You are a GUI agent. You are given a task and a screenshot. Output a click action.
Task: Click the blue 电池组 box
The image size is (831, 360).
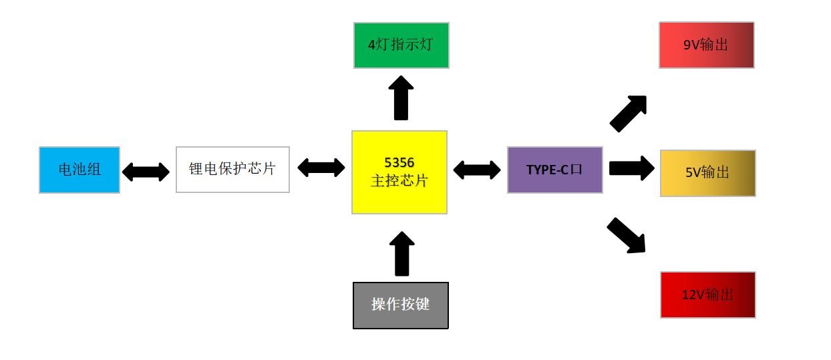click(79, 170)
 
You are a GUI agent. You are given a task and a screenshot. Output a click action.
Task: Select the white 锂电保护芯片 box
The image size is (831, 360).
click(232, 170)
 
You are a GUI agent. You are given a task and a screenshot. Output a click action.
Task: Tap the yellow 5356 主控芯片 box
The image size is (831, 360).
click(399, 172)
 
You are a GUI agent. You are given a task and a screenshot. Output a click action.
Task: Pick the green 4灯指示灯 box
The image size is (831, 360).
click(401, 45)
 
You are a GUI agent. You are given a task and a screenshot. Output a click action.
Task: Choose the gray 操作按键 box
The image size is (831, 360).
click(400, 305)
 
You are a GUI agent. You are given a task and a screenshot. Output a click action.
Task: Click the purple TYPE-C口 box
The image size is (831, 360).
click(554, 170)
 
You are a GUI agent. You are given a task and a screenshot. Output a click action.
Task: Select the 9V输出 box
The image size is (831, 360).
click(706, 45)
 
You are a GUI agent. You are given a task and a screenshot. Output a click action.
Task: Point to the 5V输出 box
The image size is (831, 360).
click(707, 173)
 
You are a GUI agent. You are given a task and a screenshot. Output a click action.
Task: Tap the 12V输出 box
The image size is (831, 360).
click(707, 295)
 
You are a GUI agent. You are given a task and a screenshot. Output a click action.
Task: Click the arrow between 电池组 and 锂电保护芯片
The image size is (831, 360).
click(146, 172)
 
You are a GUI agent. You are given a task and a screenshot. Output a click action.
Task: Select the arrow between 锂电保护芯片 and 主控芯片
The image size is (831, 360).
click(321, 167)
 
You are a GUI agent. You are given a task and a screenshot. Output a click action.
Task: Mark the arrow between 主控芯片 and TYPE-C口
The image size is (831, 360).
click(476, 170)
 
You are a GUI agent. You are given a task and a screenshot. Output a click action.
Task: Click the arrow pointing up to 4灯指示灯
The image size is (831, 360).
click(401, 98)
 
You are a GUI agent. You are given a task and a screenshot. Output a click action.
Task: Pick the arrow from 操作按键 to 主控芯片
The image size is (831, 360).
click(401, 254)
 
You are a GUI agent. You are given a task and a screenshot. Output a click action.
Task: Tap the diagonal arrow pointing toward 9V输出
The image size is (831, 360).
click(628, 114)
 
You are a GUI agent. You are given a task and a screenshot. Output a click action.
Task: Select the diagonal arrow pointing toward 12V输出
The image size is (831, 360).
click(627, 236)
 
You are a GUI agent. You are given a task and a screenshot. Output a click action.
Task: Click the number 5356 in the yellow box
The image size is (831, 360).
click(399, 162)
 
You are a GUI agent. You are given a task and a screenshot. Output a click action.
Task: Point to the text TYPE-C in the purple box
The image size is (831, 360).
click(547, 170)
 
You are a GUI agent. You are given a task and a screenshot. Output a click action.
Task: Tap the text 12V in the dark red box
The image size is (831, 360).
click(693, 295)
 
